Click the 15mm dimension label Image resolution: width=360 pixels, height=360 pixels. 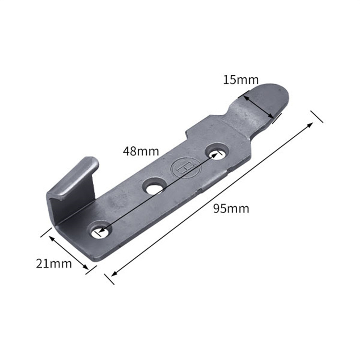pyautogui.click(x=241, y=80)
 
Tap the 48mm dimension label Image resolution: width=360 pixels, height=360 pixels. pyautogui.click(x=141, y=151)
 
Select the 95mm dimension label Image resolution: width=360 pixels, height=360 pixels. pyautogui.click(x=231, y=209)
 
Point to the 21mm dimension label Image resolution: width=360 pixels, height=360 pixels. pyautogui.click(x=54, y=264)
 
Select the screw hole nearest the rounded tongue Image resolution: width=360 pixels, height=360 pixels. pyautogui.click(x=217, y=152)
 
